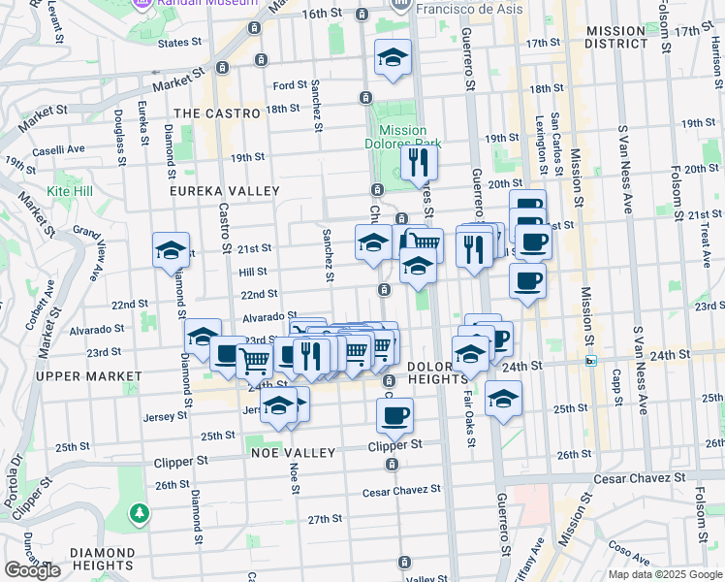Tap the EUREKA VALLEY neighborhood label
click(x=224, y=192)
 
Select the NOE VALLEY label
click(x=293, y=453)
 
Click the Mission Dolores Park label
click(x=403, y=137)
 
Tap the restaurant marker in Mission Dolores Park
click(x=419, y=161)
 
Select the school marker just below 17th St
click(x=394, y=58)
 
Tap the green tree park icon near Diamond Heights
click(x=141, y=511)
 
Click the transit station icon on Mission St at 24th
click(x=591, y=361)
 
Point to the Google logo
click(x=33, y=570)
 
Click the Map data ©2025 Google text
click(x=665, y=574)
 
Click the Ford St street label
click(x=290, y=85)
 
